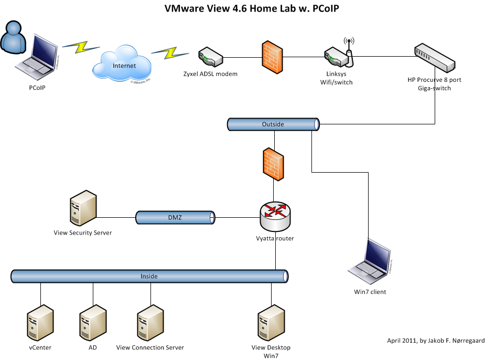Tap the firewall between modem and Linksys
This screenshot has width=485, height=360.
[272, 57]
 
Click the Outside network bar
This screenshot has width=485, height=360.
[273, 124]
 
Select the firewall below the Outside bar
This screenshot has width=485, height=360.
[273, 164]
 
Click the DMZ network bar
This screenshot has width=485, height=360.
[176, 217]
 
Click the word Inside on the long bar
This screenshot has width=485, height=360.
[149, 276]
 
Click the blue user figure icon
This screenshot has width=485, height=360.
[13, 36]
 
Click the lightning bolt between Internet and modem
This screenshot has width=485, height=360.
[166, 52]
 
